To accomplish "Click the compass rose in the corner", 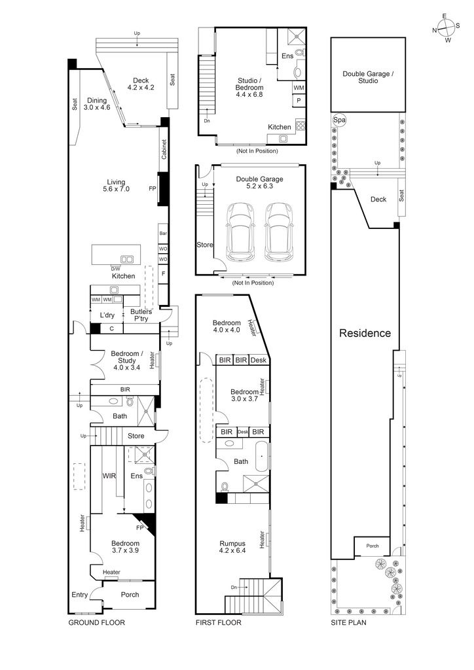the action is pyautogui.click(x=446, y=29).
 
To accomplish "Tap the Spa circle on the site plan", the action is pyautogui.click(x=339, y=120).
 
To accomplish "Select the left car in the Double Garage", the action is pyautogui.click(x=240, y=232).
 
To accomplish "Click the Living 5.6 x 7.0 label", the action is pyautogui.click(x=116, y=185).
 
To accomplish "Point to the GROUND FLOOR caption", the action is pyautogui.click(x=97, y=623).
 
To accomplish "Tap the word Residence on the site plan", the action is pyautogui.click(x=365, y=333).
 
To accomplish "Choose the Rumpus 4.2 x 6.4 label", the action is pyautogui.click(x=232, y=547).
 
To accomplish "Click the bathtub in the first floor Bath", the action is pyautogui.click(x=262, y=457).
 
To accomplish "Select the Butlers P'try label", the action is pyautogui.click(x=141, y=315).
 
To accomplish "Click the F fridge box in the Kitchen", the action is pyautogui.click(x=163, y=273).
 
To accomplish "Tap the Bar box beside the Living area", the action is pyautogui.click(x=163, y=234).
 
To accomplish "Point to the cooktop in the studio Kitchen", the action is pyautogui.click(x=300, y=126).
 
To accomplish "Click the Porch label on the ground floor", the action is pyautogui.click(x=130, y=594).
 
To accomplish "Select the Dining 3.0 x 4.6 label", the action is pyautogui.click(x=97, y=104).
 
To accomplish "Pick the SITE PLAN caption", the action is pyautogui.click(x=348, y=623).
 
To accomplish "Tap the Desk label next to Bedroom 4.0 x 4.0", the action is pyautogui.click(x=259, y=361).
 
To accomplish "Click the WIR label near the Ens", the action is pyautogui.click(x=109, y=476).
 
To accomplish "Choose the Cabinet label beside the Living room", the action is pyautogui.click(x=164, y=149).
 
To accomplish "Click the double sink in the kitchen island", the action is pyautogui.click(x=126, y=259).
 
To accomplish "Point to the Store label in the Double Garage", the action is pyautogui.click(x=205, y=245).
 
